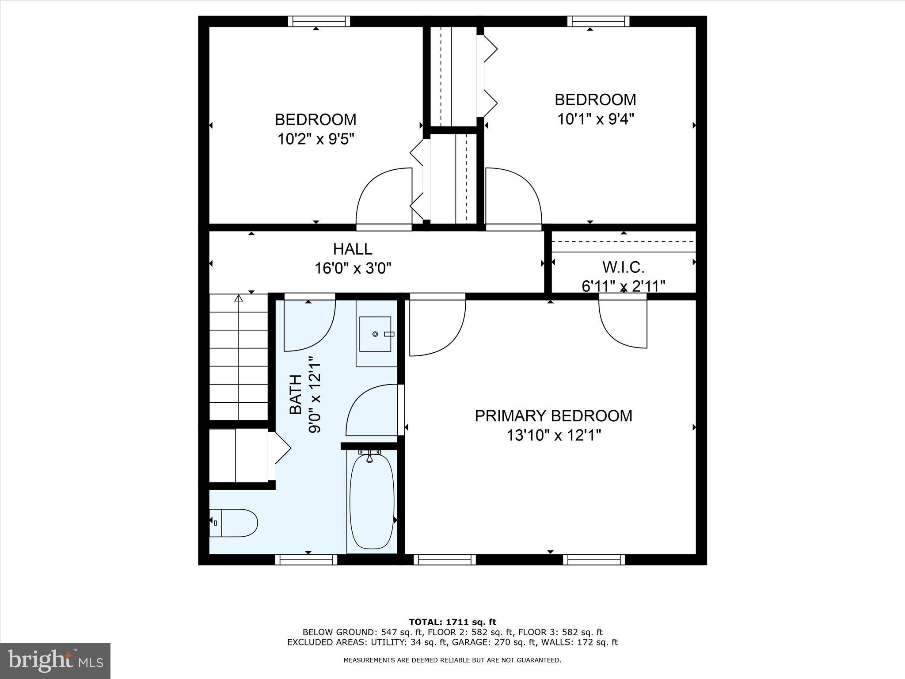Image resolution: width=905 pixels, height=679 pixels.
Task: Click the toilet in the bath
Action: (234, 523)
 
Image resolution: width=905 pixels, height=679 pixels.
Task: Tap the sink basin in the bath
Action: (375, 334)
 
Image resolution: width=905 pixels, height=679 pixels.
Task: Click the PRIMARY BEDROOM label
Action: (553, 416)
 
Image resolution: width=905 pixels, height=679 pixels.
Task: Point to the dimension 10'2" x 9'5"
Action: (316, 139)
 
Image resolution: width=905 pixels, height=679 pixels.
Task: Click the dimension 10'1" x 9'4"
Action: (595, 119)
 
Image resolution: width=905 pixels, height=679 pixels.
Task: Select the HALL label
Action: (352, 249)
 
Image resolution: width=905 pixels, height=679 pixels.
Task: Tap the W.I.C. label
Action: (623, 267)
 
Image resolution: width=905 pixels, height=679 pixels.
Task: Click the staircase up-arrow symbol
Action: (239, 298)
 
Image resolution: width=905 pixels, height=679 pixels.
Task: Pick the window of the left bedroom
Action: (319, 21)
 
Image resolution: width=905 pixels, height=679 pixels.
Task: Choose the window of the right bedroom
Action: (598, 21)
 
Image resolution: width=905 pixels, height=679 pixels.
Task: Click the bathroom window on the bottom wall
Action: (306, 560)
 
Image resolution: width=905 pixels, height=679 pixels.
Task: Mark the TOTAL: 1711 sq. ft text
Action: (452, 622)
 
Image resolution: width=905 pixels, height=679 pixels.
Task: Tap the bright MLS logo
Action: (55, 660)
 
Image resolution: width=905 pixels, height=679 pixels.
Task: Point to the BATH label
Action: (295, 394)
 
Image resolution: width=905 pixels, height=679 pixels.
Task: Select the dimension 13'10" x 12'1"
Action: (553, 436)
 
